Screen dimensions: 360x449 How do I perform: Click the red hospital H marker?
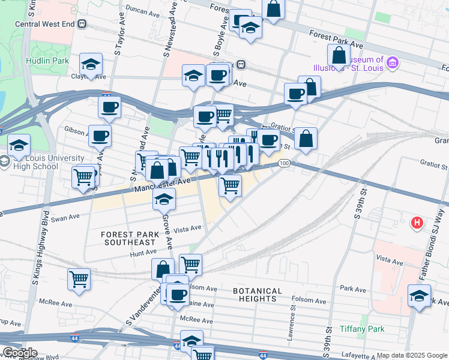pyautogui.click(x=417, y=223)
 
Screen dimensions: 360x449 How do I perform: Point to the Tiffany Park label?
pyautogui.click(x=361, y=329)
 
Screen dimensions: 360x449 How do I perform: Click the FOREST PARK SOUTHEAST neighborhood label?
pyautogui.click(x=128, y=238)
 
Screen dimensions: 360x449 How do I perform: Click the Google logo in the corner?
pyautogui.click(x=19, y=353)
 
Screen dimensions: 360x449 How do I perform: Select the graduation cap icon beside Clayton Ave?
pyautogui.click(x=91, y=64)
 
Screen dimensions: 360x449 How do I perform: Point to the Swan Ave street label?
pyautogui.click(x=65, y=218)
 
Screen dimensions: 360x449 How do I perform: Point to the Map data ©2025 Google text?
pyautogui.click(x=412, y=356)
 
